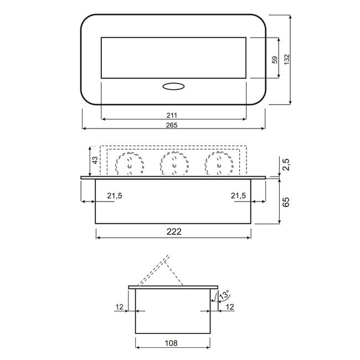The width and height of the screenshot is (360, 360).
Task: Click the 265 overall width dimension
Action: pos(172,125)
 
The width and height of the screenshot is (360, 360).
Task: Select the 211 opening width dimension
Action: pos(172,115)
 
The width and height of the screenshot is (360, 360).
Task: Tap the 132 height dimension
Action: pos(287,59)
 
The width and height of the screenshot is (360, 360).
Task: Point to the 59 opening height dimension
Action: pos(275,60)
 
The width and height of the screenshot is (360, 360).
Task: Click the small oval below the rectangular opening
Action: pos(173,86)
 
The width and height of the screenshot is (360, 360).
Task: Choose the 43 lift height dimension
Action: pos(95,160)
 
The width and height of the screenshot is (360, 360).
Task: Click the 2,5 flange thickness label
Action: pos(286,164)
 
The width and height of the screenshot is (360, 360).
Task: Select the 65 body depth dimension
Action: pos(286,202)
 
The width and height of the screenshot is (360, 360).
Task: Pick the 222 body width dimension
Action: pos(174,232)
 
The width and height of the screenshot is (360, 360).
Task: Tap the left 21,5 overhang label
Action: pos(115,196)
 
